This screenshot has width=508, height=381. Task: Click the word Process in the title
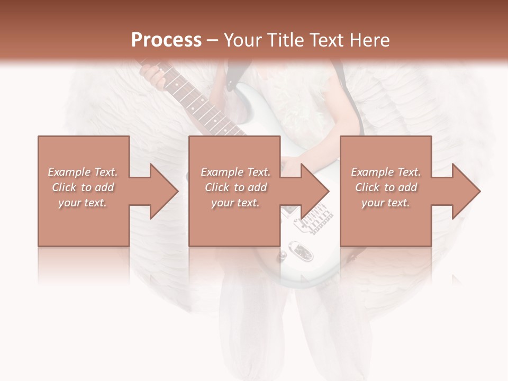click(166, 40)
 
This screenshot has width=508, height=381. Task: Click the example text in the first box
click(83, 187)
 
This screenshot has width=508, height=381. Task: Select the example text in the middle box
click(235, 187)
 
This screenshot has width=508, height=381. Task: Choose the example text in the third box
click(386, 187)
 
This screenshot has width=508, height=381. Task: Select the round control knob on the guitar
click(283, 256)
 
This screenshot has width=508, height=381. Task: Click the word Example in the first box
click(69, 172)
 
